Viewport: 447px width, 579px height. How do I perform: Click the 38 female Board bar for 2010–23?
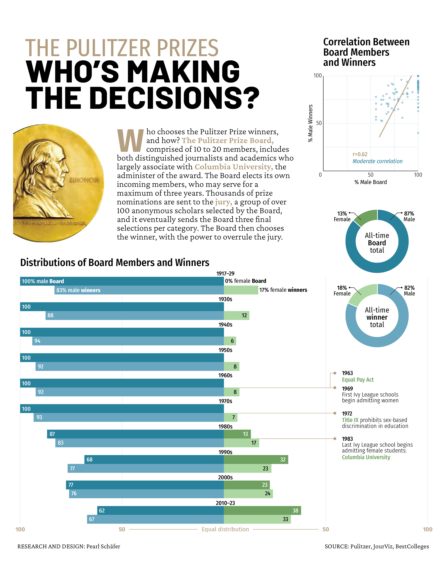point(262,510)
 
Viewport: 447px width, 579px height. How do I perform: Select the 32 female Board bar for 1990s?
point(256,459)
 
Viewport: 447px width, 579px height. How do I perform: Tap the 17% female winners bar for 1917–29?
point(240,290)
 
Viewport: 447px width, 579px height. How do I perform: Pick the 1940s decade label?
point(225,325)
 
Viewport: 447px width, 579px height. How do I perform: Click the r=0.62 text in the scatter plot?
point(360,154)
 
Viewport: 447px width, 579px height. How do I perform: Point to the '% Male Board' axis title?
point(370,182)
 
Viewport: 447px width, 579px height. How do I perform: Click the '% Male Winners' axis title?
point(311,123)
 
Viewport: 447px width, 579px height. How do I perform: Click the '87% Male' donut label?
point(409,216)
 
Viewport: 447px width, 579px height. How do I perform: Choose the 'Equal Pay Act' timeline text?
point(357,380)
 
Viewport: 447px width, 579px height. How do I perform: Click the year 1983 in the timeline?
point(347,439)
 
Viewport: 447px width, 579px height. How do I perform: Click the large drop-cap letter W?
point(130,140)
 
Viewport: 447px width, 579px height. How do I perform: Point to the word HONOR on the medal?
point(84,180)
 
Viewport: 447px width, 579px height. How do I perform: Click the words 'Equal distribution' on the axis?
point(225,529)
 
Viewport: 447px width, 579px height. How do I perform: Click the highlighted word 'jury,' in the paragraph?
point(223,202)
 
